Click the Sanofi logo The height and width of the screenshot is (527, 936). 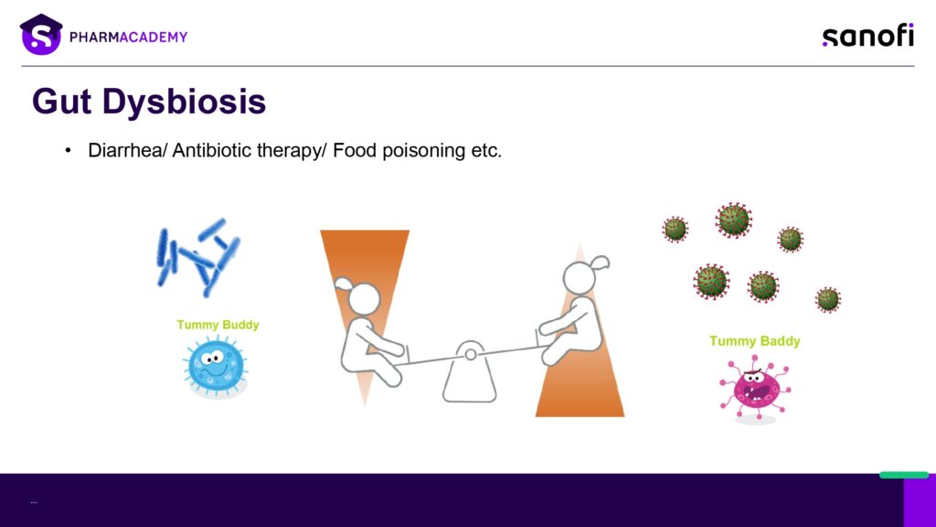[x=868, y=36]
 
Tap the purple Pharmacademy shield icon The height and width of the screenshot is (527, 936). [x=40, y=35]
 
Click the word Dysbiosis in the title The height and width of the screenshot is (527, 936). [x=184, y=102]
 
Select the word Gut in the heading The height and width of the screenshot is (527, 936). [x=62, y=102]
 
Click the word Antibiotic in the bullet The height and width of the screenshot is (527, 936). [x=211, y=150]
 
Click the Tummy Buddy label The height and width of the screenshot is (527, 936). [x=218, y=325]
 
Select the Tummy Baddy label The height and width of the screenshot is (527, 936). [x=754, y=340]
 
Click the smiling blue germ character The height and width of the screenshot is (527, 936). [x=216, y=365]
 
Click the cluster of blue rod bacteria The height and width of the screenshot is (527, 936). [x=197, y=256]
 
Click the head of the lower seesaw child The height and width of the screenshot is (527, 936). [x=360, y=296]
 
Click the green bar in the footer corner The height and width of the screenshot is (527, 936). [x=904, y=475]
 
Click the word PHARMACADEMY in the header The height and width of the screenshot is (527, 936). [x=128, y=37]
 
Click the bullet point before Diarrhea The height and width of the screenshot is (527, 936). [x=68, y=151]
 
